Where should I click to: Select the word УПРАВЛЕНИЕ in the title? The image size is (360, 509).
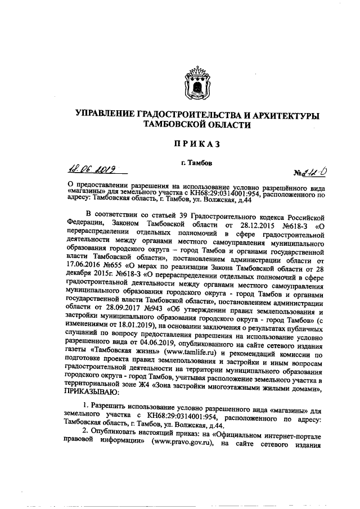(104, 115)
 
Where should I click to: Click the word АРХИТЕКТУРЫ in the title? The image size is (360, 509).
(280, 115)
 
